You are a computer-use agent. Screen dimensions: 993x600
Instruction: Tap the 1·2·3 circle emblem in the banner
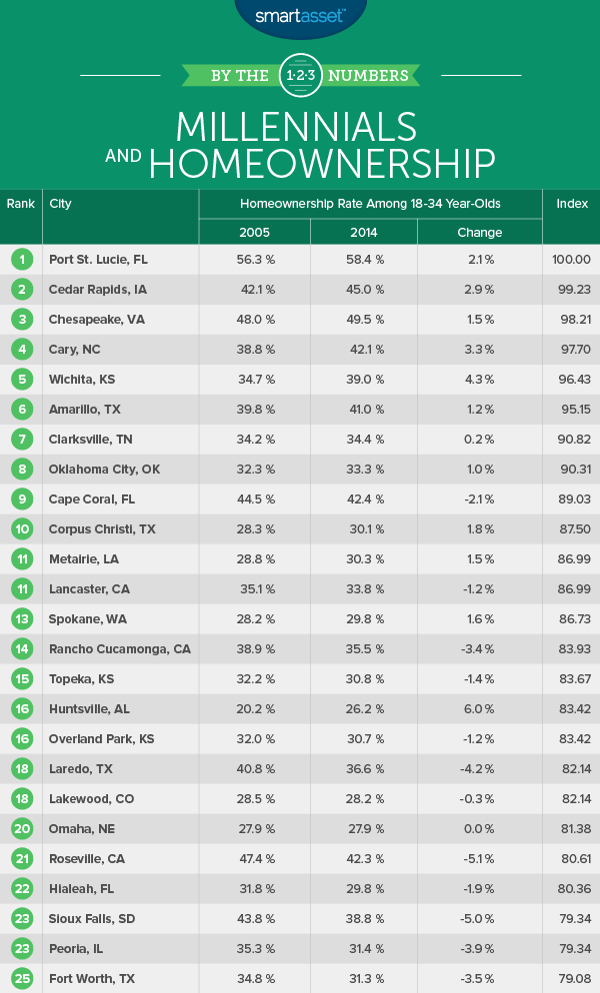(x=299, y=76)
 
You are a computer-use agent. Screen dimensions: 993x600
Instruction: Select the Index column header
(x=571, y=204)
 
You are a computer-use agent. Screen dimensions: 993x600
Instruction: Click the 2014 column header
(x=363, y=233)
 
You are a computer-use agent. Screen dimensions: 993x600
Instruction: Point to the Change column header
(x=479, y=233)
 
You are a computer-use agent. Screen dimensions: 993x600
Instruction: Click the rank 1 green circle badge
(x=20, y=260)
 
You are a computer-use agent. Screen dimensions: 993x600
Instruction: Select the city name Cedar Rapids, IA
(x=97, y=290)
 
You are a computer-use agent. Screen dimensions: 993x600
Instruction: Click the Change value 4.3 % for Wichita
(x=479, y=380)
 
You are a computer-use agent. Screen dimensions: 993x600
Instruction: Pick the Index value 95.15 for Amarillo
(x=571, y=410)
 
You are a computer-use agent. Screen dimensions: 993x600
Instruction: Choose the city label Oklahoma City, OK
(x=104, y=470)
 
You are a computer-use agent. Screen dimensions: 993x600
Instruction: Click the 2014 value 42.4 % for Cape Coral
(x=363, y=499)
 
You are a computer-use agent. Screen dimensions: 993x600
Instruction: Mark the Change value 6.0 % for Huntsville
(x=479, y=709)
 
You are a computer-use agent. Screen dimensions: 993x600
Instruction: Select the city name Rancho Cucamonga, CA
(x=119, y=649)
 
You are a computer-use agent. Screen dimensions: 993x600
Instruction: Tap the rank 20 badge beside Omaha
(x=20, y=829)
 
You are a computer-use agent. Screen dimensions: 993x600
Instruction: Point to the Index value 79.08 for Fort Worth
(x=571, y=979)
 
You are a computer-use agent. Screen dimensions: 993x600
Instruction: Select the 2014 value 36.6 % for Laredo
(x=363, y=769)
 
